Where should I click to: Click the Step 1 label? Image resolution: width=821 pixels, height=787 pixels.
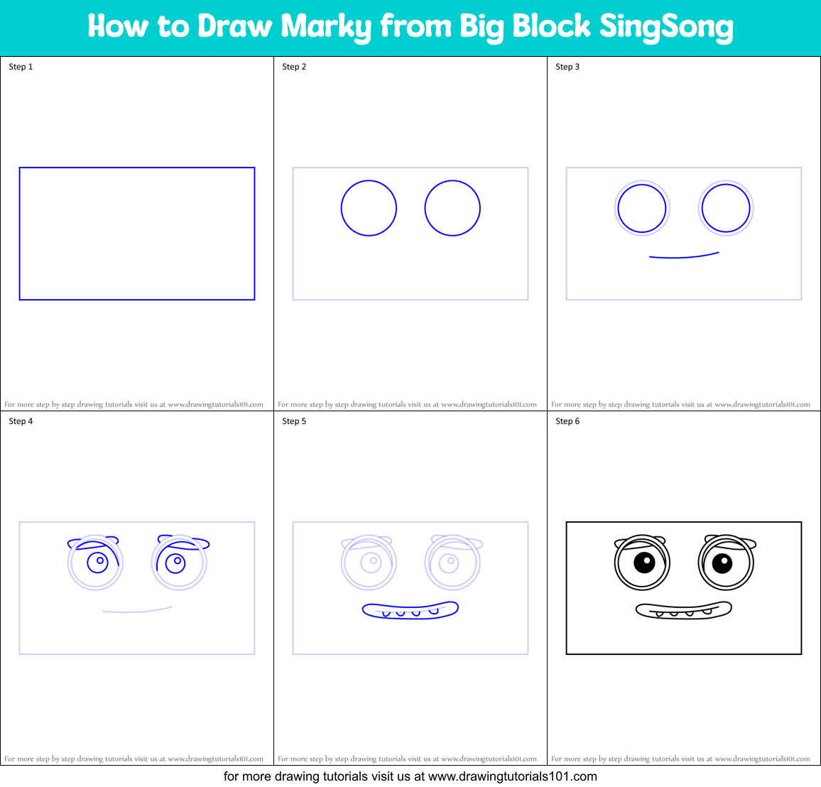point(21,67)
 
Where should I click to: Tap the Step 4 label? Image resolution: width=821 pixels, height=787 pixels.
point(21,421)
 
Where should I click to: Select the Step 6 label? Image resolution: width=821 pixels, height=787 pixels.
point(567,421)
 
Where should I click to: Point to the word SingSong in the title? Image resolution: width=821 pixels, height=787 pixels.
point(666,27)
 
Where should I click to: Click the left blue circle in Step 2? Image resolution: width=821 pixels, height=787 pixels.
point(369,208)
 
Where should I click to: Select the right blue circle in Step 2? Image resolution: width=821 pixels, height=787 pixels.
point(452,208)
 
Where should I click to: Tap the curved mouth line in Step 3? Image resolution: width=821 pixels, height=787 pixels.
point(683,256)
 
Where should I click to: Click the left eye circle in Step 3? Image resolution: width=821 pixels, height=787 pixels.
point(642,208)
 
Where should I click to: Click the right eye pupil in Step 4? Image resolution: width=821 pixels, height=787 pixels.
point(175,563)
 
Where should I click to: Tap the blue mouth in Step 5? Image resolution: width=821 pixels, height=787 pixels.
point(410,610)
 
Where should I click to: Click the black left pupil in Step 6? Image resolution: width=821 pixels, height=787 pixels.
point(644,563)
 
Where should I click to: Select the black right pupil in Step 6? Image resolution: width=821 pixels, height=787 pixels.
point(722,563)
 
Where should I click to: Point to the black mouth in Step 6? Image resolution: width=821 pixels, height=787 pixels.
point(683,610)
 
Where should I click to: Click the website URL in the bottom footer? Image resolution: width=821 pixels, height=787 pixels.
point(512,776)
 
